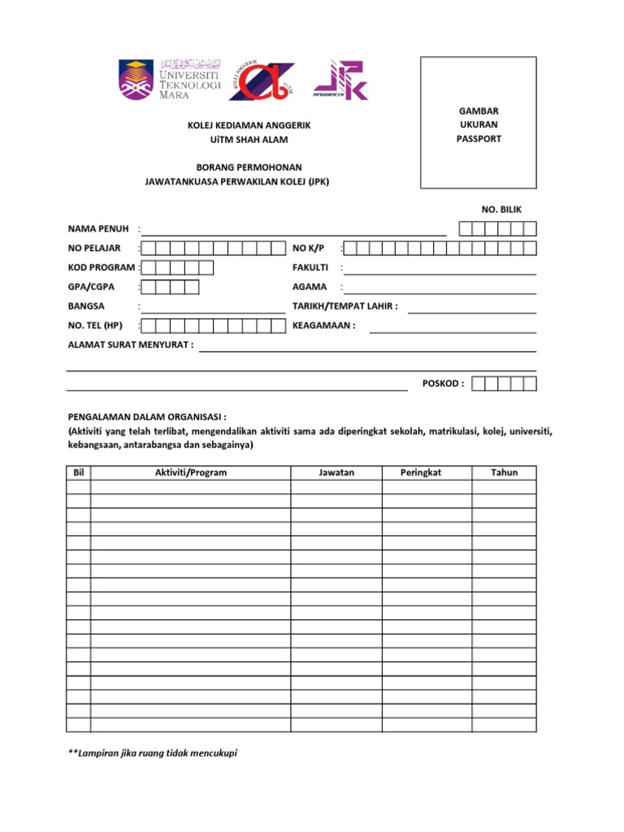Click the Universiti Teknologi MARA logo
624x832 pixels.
tap(169, 80)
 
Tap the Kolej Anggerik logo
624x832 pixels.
tap(260, 80)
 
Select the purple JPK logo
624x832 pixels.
tap(340, 80)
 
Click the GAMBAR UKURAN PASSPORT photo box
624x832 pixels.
tap(478, 123)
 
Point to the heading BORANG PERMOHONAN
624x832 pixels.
tap(237, 167)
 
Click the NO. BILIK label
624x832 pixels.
tap(502, 210)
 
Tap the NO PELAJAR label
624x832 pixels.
tap(94, 248)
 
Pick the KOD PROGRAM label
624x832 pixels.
tap(101, 267)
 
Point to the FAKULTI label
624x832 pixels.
tap(310, 267)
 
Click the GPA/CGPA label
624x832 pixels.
tap(91, 287)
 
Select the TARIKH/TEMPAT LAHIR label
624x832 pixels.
tap(344, 306)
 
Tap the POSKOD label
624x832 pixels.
tap(443, 383)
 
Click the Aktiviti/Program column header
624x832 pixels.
tap(190, 473)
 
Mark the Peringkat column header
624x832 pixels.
tap(420, 473)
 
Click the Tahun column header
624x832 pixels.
tap(504, 473)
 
